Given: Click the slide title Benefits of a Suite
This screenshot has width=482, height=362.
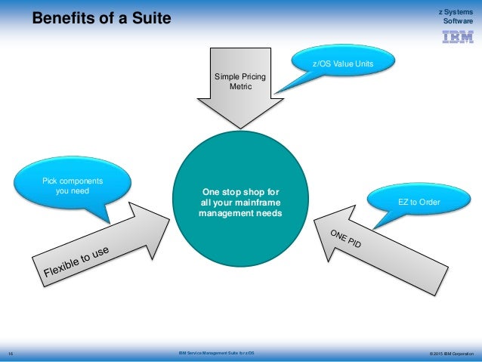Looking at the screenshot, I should tap(101, 16).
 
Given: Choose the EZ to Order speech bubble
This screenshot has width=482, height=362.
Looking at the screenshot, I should tap(419, 203).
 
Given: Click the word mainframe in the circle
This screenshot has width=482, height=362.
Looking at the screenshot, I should tap(256, 203).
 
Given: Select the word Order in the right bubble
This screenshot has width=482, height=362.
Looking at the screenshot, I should tap(428, 203).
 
